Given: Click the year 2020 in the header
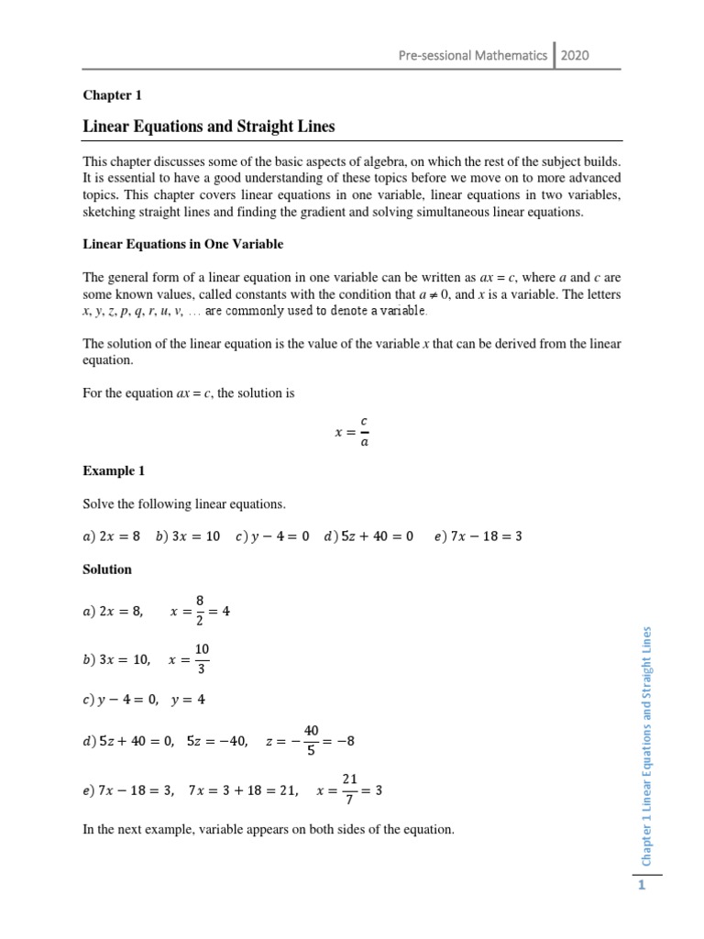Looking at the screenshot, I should tap(575, 55).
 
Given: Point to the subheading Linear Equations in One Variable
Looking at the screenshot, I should tap(183, 244).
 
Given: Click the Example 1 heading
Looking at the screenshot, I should tap(114, 470).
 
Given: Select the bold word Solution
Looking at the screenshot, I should tap(107, 569).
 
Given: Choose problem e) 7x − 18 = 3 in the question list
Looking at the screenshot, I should tap(478, 536).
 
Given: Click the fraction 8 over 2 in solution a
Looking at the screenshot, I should tap(199, 612).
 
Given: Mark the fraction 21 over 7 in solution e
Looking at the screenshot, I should tap(348, 790).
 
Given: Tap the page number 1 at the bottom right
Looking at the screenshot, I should tap(643, 885).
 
